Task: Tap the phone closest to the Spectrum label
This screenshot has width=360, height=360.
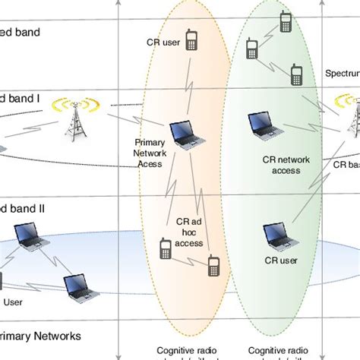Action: tap(298, 74)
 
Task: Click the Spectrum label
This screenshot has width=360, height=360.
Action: tap(342, 74)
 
